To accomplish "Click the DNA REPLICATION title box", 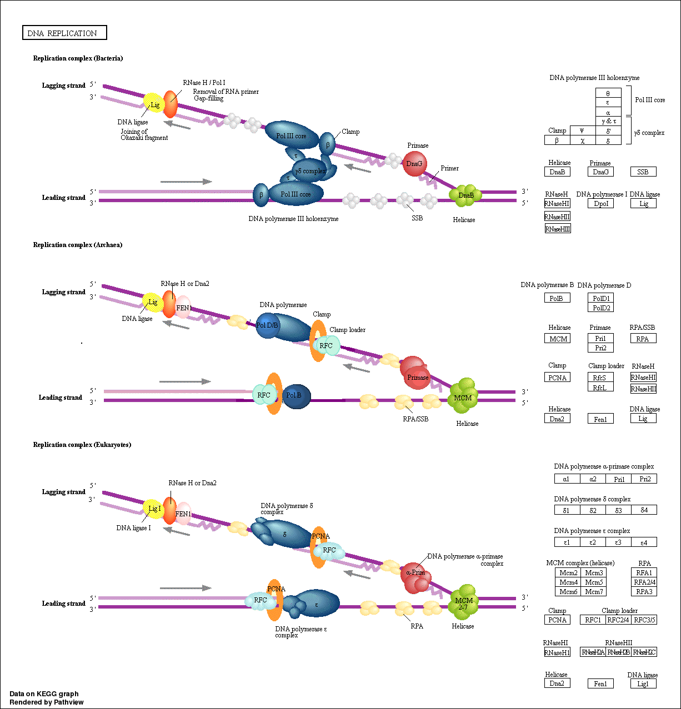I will tap(64, 33).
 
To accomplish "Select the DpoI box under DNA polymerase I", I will tap(600, 204).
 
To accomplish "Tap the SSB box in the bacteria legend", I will tap(643, 172).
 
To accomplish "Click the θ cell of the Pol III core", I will tap(608, 93).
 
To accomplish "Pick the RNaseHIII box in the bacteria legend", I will tap(558, 229).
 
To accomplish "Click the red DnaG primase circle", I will tap(414, 164).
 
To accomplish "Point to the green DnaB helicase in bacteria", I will tap(465, 195).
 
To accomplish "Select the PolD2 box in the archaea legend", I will tap(600, 308).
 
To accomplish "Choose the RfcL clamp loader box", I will tap(600, 388).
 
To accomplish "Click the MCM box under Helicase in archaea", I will tap(558, 339).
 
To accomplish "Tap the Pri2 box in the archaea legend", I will tap(600, 348).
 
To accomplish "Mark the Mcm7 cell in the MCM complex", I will tap(593, 592).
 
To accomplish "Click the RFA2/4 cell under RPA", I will tap(644, 582).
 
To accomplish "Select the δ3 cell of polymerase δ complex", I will tap(619, 510).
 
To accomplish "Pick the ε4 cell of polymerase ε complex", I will tap(644, 542).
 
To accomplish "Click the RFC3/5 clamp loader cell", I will tap(644, 620).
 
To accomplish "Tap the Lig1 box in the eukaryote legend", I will tap(643, 684).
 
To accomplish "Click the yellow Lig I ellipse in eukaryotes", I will tap(153, 509).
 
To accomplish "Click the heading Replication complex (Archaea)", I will tap(78, 245).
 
